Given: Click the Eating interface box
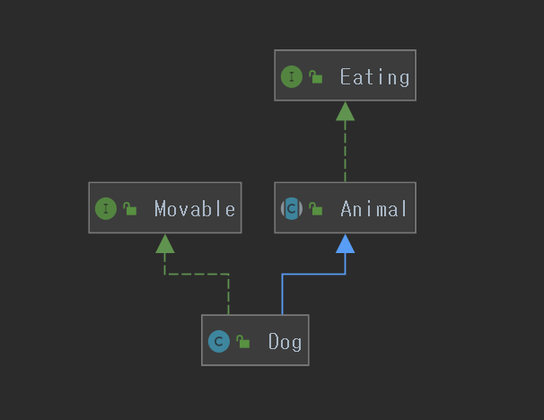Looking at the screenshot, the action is point(345,75).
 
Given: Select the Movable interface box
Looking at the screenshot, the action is point(165,207).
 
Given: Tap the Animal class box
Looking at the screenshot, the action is point(345,208).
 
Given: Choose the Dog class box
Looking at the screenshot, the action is point(255,340).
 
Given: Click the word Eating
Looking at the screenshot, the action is point(374,77).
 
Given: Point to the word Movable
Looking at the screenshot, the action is point(195,209).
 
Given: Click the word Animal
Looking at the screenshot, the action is point(374,209).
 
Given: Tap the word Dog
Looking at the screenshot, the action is point(285,342).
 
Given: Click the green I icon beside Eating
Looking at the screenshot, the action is point(292,77).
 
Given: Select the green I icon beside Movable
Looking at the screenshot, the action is point(106,209).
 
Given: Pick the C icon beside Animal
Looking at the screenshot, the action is point(292,209).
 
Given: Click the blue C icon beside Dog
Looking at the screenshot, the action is point(218,342).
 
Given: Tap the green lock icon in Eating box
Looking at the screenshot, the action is point(316,77).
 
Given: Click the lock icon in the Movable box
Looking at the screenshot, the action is point(130,209).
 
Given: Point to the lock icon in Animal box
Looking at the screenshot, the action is point(316,209).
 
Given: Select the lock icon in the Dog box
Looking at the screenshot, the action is point(242,342).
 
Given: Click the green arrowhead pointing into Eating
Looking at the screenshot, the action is point(345,110).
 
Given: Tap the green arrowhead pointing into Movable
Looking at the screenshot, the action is point(164,242).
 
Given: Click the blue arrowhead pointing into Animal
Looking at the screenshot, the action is point(345,242).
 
